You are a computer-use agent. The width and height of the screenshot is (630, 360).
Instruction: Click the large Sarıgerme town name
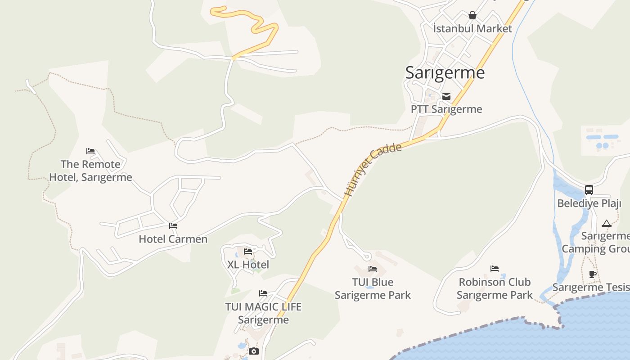pos(445,72)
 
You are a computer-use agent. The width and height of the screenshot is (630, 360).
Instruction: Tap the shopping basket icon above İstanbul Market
pos(472,16)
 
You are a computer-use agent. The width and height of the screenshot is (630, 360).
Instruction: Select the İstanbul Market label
pos(472,29)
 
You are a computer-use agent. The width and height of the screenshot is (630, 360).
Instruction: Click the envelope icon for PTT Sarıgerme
pos(446,96)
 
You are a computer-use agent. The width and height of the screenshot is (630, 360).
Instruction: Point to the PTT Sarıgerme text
pos(446,109)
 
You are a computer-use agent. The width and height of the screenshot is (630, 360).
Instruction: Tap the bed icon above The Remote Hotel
pos(90,151)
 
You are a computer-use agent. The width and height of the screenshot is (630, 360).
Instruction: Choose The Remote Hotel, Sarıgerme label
pos(90,171)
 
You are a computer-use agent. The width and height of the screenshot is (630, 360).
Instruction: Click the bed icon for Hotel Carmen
pos(173,226)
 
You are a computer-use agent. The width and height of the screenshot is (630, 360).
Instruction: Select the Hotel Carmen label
pos(173,239)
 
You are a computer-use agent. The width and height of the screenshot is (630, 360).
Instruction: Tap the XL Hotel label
pos(248,265)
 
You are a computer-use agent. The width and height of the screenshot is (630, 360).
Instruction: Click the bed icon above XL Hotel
pos(248,252)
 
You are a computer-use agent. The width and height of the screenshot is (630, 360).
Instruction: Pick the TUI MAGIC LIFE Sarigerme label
pos(263,313)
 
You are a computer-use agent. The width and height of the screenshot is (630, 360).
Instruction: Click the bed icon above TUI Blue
pos(373,269)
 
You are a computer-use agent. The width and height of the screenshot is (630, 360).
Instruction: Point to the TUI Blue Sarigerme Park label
pos(373,288)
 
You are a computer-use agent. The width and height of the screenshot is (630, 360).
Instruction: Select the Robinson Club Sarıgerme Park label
pos(495,288)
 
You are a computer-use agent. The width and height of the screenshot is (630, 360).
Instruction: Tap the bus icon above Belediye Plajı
pos(589,190)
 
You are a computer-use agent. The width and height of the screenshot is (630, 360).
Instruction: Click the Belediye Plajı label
pos(589,203)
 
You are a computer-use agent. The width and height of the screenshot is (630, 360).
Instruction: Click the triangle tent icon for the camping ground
pos(606,223)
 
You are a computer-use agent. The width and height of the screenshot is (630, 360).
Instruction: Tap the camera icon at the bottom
pos(254,351)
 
